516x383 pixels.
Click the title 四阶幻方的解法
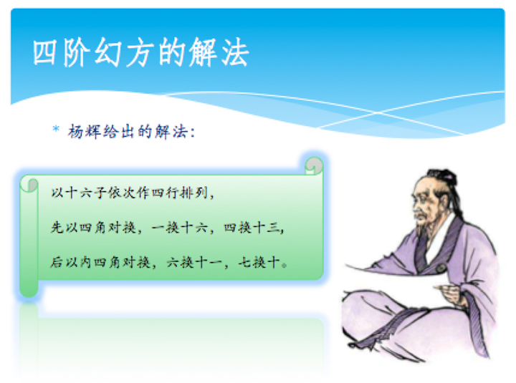(x=140, y=52)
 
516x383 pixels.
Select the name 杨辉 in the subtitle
(x=81, y=131)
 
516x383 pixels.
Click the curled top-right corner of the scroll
(x=313, y=165)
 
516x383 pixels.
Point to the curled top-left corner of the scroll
(x=29, y=184)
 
